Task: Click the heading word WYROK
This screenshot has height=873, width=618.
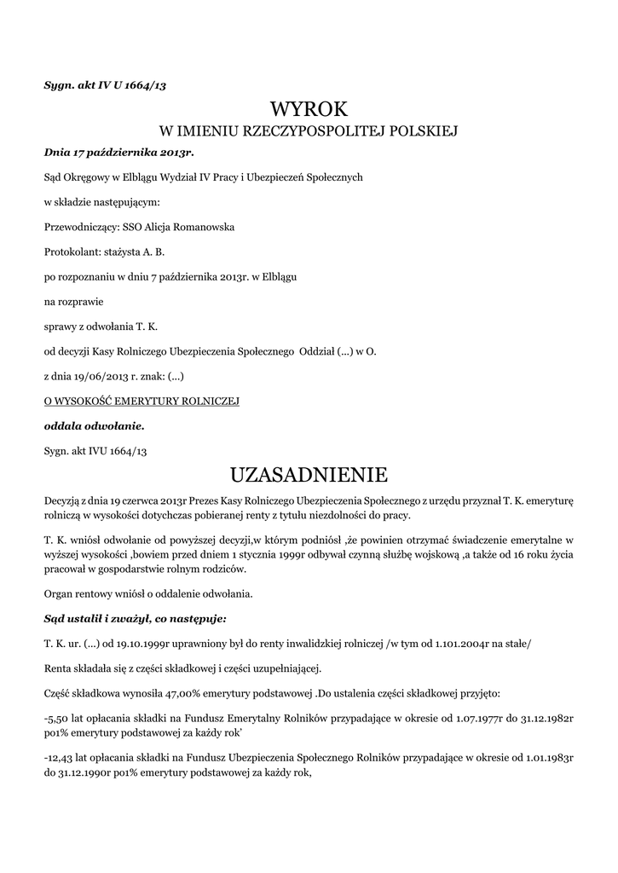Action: (309, 108)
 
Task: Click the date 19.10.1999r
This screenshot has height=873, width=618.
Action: (147, 644)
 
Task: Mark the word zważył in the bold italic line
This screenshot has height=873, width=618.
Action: (123, 618)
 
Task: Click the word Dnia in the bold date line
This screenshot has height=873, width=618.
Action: (58, 153)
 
